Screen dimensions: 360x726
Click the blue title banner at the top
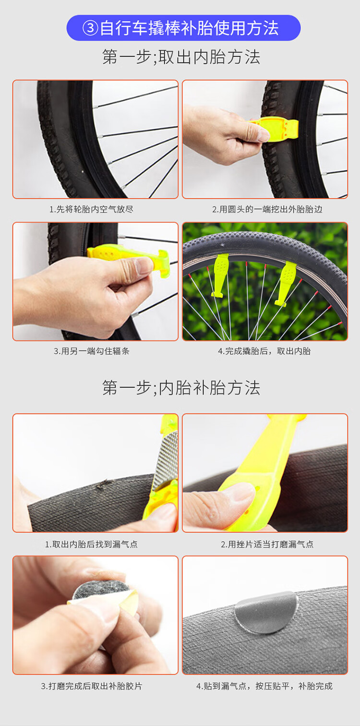coord(183,28)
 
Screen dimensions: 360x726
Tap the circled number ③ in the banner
coord(90,28)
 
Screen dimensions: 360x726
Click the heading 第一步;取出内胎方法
coord(181,57)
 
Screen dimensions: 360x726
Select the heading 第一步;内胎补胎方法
coord(181,387)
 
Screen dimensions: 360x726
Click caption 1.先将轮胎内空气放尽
coord(91,209)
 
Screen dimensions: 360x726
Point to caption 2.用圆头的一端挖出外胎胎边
coord(267,209)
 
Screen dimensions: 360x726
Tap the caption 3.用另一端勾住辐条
coord(92,351)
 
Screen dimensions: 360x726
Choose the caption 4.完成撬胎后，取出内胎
coord(264,351)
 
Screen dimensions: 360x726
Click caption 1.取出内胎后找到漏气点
coord(91,544)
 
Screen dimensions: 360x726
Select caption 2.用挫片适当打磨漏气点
coord(267,544)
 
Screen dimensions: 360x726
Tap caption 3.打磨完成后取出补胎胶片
coord(91,686)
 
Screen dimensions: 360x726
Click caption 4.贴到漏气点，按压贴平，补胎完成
coord(264,686)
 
